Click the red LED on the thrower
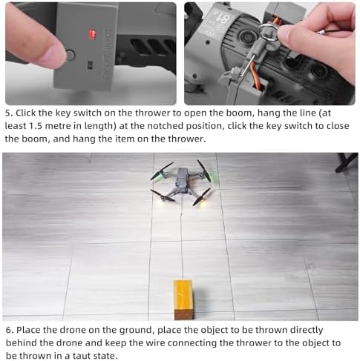click(92, 35)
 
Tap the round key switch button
click(70, 55)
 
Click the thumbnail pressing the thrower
click(53, 56)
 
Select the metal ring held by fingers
click(269, 33)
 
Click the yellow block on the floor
click(183, 299)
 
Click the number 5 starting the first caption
click(9, 113)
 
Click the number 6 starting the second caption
click(9, 330)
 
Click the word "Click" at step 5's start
click(26, 113)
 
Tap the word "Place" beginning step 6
click(28, 330)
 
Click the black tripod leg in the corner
click(347, 162)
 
